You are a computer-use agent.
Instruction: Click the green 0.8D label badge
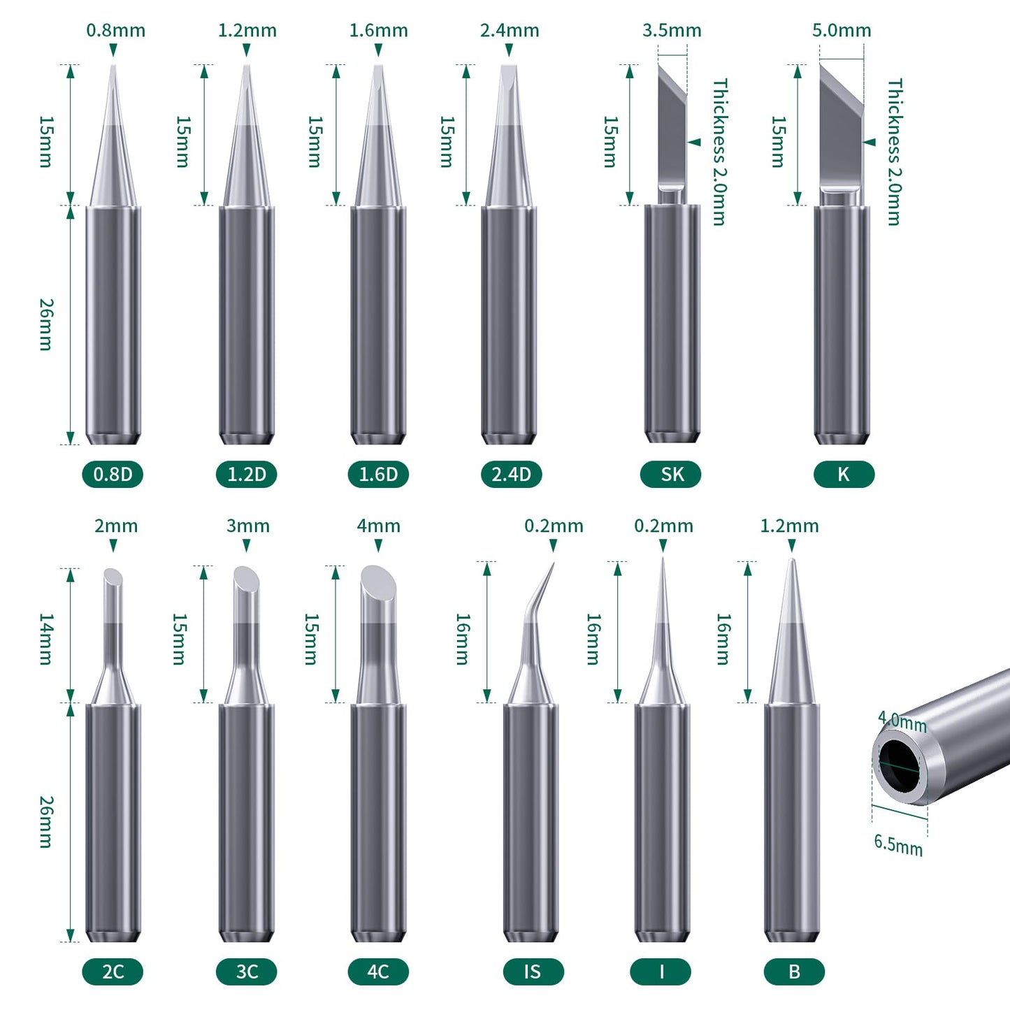[113, 475]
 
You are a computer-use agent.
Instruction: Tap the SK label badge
[671, 475]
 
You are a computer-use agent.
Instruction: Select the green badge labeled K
[844, 475]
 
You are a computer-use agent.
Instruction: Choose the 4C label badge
[378, 972]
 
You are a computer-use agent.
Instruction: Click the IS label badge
[533, 972]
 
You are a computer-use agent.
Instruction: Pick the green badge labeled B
[794, 972]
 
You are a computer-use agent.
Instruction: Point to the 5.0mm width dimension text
[842, 31]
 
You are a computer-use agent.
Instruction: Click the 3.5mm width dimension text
[672, 31]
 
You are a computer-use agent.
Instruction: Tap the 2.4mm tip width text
[510, 31]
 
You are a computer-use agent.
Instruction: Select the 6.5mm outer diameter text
[898, 844]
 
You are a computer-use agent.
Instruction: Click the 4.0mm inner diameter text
[902, 722]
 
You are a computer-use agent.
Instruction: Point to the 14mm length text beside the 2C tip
[45, 639]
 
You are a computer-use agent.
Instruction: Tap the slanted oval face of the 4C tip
[378, 580]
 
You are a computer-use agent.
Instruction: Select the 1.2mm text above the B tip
[789, 526]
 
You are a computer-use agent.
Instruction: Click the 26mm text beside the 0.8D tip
[45, 324]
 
